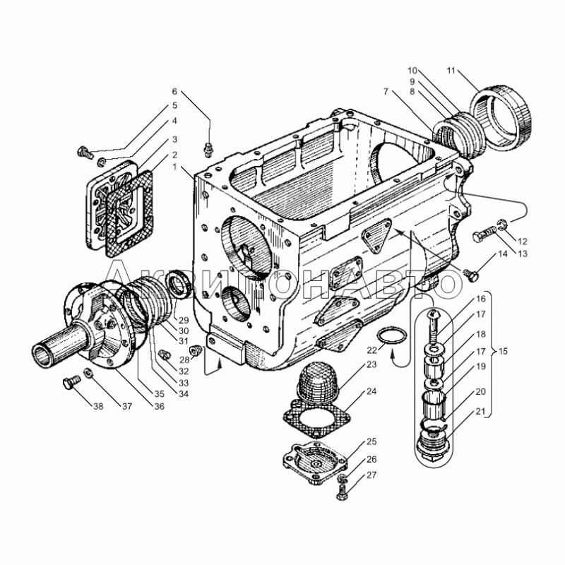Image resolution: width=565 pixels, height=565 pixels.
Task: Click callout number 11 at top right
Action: [451, 71]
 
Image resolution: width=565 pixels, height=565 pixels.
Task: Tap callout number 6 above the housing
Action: [174, 92]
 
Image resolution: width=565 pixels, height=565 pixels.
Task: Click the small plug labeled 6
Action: [208, 150]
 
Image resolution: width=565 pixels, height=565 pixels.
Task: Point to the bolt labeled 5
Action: [85, 152]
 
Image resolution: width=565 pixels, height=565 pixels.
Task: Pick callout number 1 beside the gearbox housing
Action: [174, 167]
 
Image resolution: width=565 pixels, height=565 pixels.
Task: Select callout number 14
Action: [503, 254]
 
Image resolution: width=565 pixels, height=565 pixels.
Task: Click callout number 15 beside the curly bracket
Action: [503, 351]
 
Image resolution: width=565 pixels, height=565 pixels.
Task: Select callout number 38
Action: [98, 406]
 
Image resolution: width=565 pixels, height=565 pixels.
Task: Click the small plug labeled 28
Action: [196, 350]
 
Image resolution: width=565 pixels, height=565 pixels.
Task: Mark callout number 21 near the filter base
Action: [481, 411]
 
